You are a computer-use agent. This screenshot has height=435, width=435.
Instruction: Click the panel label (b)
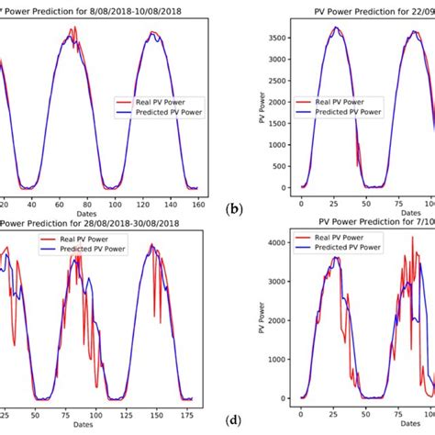pos(234,209)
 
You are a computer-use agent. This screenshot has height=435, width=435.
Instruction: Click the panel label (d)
pos(234,420)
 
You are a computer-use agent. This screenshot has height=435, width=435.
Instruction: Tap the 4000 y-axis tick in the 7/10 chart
pos(284,243)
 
